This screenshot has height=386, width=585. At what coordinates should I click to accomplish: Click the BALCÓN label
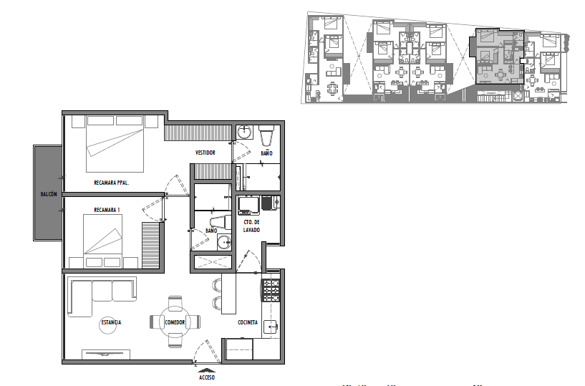point(49,194)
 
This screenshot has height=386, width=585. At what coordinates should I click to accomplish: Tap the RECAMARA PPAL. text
point(111,183)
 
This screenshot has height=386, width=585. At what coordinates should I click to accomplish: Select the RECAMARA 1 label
point(107,210)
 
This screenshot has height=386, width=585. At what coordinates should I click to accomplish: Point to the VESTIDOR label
point(206,153)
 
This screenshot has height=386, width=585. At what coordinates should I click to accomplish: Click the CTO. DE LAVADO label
point(251,226)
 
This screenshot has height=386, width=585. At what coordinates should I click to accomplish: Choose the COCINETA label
point(248,322)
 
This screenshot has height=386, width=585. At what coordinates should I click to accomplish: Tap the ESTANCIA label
point(111,322)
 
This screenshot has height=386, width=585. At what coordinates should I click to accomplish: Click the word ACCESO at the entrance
point(207,377)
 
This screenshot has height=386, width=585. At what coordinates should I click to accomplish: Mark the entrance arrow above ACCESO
point(207,370)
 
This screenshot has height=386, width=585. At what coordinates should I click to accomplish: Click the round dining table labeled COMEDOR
point(175,322)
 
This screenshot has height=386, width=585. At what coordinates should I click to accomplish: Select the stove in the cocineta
point(271,291)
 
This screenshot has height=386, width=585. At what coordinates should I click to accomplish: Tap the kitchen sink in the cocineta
point(271,327)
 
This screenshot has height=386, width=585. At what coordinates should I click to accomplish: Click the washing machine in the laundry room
point(249,206)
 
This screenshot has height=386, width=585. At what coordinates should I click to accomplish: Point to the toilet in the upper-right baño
point(266,136)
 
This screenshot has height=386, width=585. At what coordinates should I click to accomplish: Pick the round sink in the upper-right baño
point(244,131)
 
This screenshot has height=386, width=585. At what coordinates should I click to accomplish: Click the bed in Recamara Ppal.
point(115,144)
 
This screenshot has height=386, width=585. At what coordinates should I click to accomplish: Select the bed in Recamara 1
point(102,241)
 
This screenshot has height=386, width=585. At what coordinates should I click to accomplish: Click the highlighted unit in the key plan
point(500,57)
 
